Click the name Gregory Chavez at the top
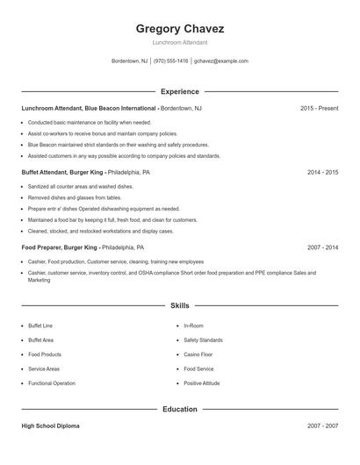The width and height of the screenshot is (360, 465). tap(179, 27)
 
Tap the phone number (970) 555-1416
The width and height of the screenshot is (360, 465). tap(170, 61)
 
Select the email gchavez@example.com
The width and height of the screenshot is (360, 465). tap(221, 61)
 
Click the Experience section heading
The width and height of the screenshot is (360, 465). tap(179, 91)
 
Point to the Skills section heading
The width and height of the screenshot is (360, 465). tap(179, 305)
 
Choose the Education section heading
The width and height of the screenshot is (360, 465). tap(179, 409)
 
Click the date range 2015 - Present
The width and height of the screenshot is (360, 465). tap(319, 109)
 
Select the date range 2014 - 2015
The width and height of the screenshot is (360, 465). tap(322, 173)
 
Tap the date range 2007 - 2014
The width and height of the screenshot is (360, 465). tap(322, 248)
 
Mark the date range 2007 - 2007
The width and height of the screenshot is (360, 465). tap(322, 426)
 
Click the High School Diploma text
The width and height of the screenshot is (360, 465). tap(50, 426)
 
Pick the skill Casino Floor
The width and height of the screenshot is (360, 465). tap(198, 354)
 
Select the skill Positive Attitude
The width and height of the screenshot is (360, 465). tap(202, 383)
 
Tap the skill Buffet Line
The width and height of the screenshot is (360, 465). tap(40, 325)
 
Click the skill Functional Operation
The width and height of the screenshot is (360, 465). tap(52, 383)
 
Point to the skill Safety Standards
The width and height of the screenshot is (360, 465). tap(203, 340)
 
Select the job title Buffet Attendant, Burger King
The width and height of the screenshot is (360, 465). tap(62, 173)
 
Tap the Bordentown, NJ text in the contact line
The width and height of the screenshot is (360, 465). tap(130, 61)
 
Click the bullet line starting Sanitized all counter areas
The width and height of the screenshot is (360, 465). tap(68, 187)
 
